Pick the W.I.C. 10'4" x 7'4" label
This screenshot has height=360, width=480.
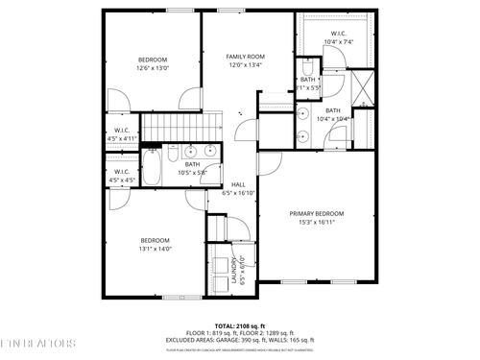coord(339,37)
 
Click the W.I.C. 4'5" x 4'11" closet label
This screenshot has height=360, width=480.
coord(122,134)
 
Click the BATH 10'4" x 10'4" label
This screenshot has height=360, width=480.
coord(332,114)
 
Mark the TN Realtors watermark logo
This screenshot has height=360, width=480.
coord(38,343)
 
